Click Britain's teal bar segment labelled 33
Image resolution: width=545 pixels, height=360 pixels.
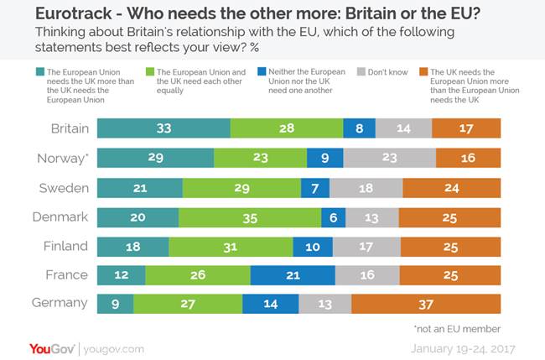pos(163,128)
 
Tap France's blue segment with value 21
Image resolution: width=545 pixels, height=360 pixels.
pos(293,275)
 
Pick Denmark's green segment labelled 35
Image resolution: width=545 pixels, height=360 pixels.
pos(250,217)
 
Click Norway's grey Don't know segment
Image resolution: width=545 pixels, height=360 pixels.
pos(389,158)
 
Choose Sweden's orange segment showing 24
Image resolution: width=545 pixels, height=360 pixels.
pos(450,187)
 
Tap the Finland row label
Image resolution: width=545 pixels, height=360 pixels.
pos(65,246)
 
